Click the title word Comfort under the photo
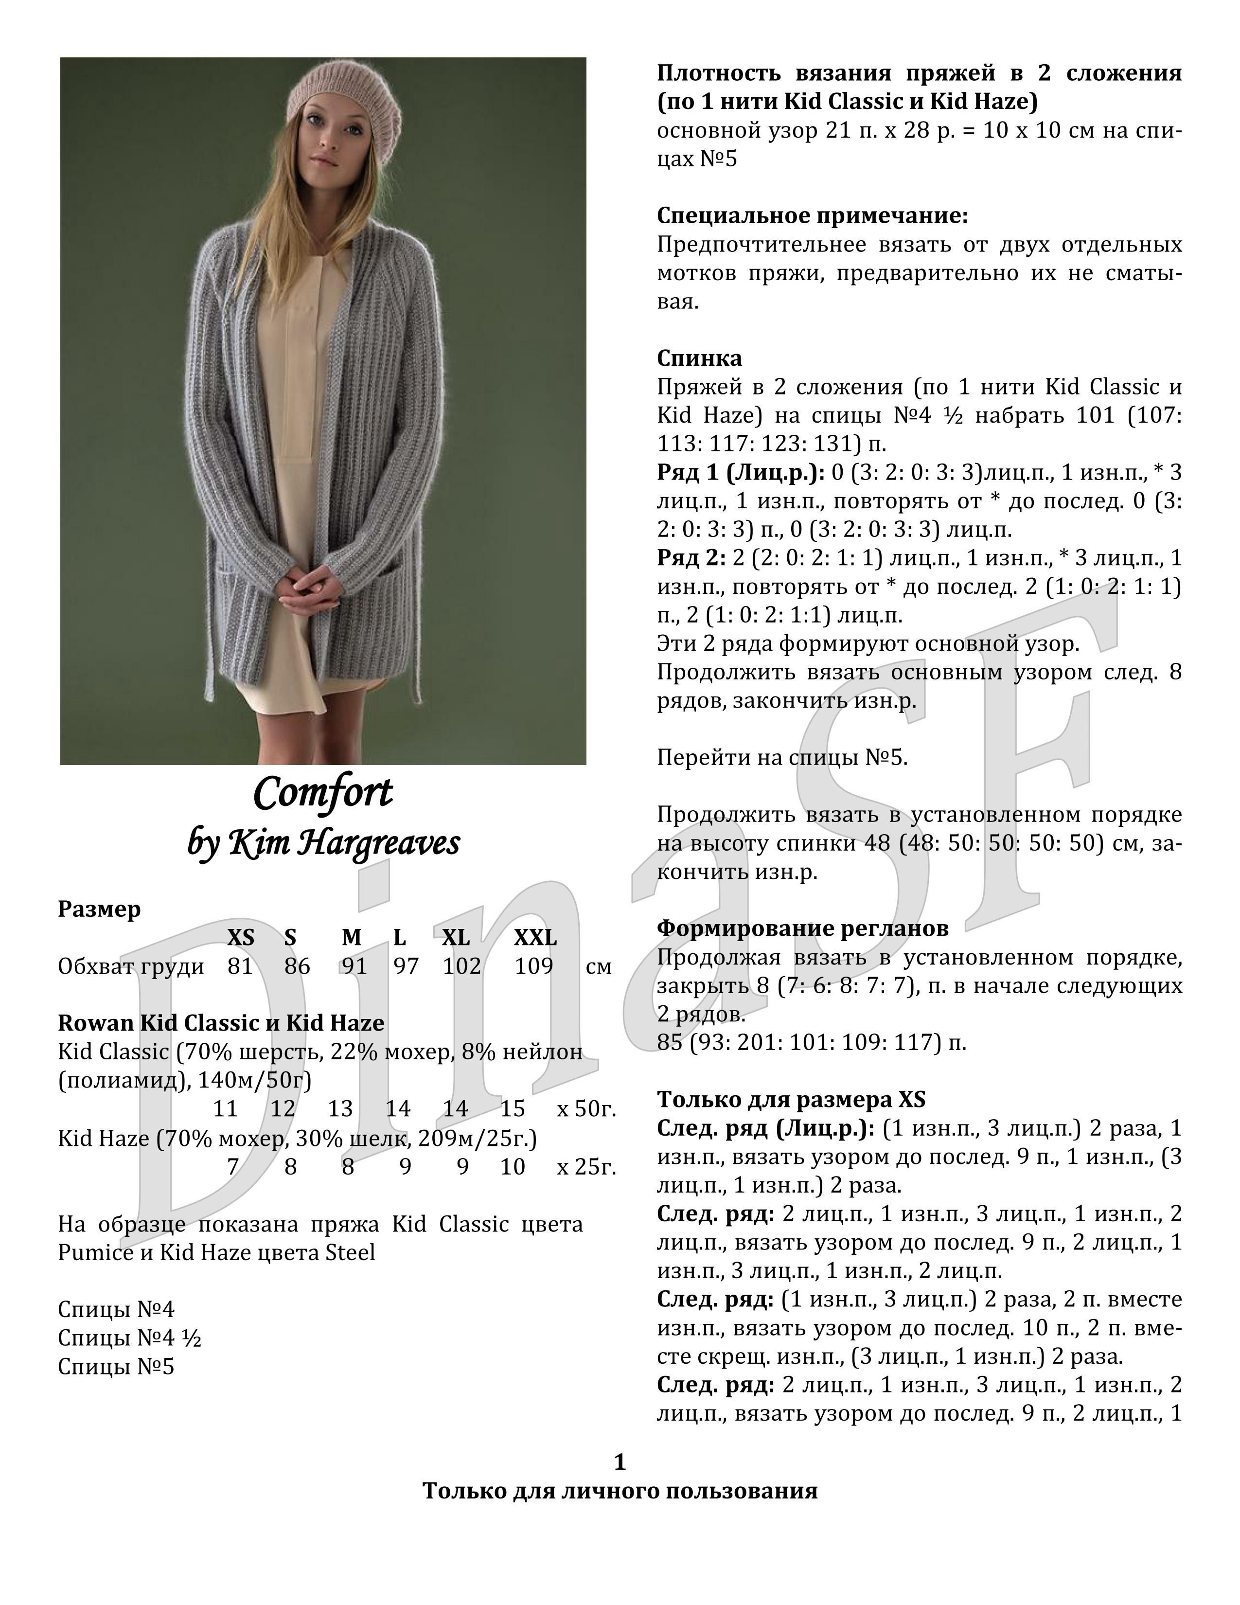(323, 793)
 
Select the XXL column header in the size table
(535, 938)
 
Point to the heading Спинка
(699, 358)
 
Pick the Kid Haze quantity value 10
(513, 1166)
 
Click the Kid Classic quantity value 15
(513, 1108)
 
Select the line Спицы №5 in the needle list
(116, 1366)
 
